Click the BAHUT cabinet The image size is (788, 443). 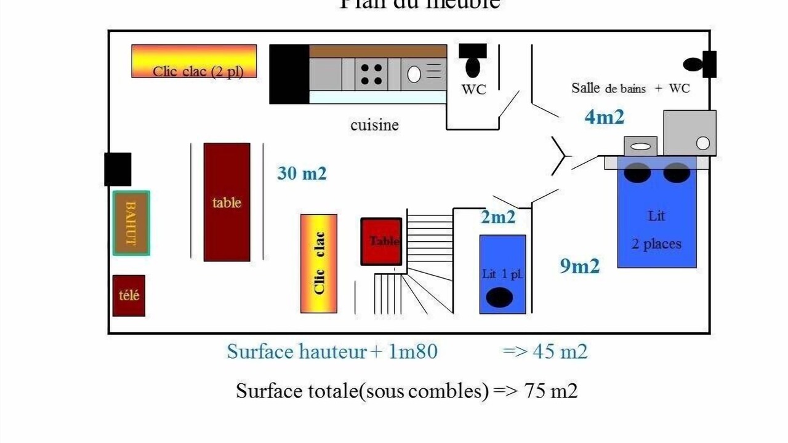pos(131,223)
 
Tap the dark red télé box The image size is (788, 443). pos(129,295)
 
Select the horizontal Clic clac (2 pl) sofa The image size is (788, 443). pos(194,61)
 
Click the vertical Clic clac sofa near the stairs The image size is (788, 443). pos(319,263)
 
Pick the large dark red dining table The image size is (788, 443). pos(227,202)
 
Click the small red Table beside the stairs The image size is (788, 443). pos(381,241)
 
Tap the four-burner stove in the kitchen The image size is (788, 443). pos(371,74)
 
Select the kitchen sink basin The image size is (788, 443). pos(414,74)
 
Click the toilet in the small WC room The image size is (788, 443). pos(473,65)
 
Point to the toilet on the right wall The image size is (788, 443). pos(694,64)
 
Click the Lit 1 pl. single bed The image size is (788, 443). pos(502,274)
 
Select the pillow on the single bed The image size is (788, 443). pos(499,298)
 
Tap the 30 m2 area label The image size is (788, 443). pos(302,174)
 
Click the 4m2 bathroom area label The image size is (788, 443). pos(604,117)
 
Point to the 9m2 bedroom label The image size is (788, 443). pos(579,266)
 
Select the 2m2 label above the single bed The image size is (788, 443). pos(497,217)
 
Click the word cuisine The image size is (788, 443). pos(374,125)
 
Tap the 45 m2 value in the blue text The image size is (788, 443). pos(562,352)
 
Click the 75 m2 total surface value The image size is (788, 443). pos(551,391)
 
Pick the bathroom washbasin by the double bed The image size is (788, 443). pos(641,146)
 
